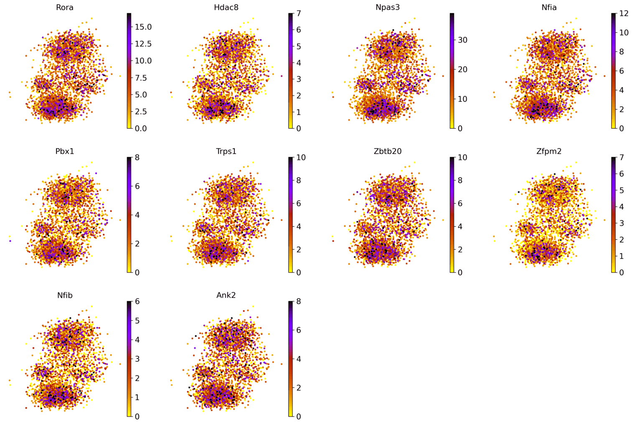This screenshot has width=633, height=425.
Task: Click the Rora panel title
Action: [65, 7]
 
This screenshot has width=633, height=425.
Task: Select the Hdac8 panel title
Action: [226, 7]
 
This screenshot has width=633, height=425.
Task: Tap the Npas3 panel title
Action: [388, 7]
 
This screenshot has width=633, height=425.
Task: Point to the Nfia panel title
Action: [549, 7]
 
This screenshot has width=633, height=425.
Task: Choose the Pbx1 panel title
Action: [65, 151]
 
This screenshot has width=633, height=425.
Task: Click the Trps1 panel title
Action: [226, 151]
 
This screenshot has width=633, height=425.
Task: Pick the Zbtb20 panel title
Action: [388, 151]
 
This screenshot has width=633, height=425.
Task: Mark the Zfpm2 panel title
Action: [549, 151]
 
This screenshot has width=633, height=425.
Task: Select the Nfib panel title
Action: [65, 295]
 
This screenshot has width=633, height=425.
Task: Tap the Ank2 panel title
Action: [226, 295]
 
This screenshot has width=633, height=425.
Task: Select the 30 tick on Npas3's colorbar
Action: [463, 40]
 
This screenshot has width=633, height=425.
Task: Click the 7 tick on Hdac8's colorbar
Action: [298, 14]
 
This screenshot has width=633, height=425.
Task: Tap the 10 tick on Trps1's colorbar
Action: [301, 158]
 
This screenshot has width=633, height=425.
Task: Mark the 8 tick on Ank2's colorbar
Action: [298, 302]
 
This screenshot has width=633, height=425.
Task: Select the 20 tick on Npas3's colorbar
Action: [463, 69]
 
